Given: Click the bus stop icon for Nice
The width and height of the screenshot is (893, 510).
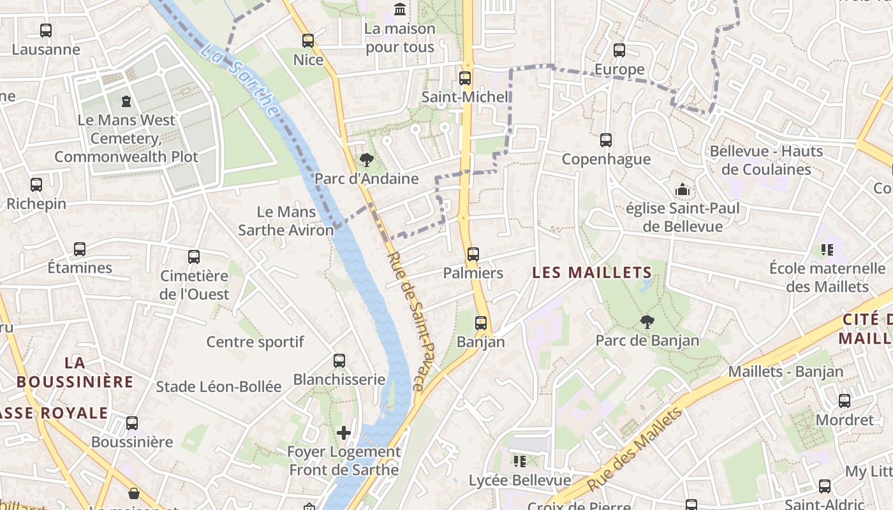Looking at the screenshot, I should click(308, 41).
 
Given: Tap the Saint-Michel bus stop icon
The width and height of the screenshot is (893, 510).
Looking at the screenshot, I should click(465, 78).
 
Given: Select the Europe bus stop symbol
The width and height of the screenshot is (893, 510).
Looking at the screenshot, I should click(619, 50).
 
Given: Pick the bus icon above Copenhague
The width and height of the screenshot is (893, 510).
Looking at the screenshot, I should click(606, 140).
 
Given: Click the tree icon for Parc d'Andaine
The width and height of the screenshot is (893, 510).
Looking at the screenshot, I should click(366, 159).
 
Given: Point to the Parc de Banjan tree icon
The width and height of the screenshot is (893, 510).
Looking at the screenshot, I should click(647, 322).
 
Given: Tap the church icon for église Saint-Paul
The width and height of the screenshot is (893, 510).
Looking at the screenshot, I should click(683, 189).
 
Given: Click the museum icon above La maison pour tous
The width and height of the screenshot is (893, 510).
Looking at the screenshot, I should click(400, 9).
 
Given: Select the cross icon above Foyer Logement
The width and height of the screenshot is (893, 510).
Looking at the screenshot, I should click(344, 433).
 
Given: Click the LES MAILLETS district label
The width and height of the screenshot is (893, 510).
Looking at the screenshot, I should click(592, 273).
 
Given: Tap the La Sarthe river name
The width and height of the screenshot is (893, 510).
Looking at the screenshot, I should click(241, 80).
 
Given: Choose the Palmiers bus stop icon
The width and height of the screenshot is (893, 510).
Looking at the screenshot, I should click(473, 254).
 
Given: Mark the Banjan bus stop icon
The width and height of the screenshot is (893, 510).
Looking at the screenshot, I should click(481, 323).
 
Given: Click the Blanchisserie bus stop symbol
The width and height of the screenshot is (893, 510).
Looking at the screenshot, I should click(339, 361).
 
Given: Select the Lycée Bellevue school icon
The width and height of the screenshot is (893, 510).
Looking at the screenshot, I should click(520, 461).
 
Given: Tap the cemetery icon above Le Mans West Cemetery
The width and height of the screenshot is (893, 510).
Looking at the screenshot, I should click(126, 101).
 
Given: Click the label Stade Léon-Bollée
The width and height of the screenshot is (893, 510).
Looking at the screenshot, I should click(219, 386).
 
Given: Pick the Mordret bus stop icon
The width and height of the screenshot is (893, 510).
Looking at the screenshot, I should click(845, 401).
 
